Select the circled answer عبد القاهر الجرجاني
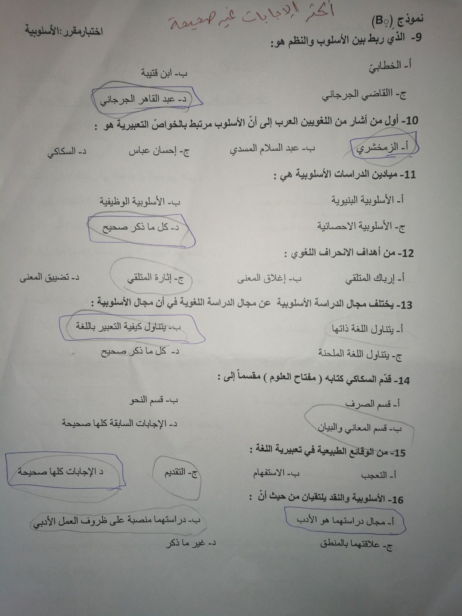145,99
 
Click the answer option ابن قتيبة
164,73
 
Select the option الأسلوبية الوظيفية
140,202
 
